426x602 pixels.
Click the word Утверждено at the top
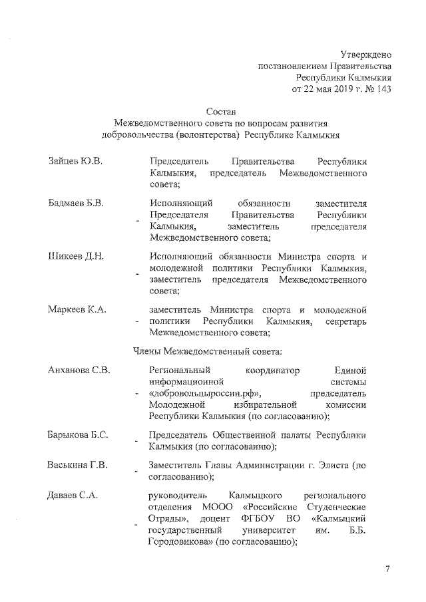point(365,54)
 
